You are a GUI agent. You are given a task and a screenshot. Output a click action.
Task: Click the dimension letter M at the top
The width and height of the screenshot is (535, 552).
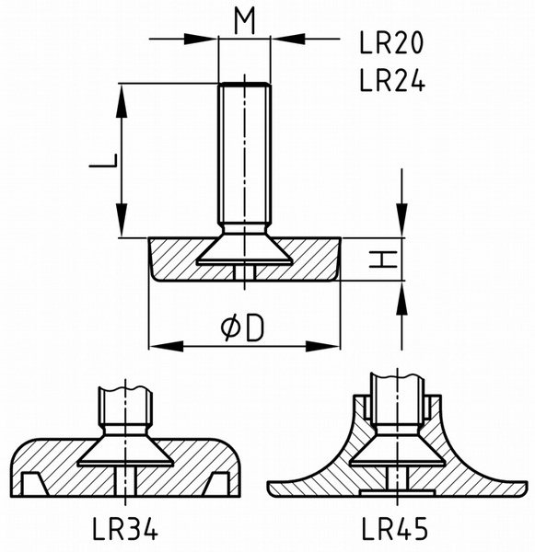[x=245, y=21]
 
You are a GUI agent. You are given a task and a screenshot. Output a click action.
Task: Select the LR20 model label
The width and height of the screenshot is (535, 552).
[x=391, y=42]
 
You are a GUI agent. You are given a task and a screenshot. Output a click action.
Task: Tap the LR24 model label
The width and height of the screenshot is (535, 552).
[x=392, y=80]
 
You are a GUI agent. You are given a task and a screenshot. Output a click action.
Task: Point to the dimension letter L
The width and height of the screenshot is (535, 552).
[x=103, y=160]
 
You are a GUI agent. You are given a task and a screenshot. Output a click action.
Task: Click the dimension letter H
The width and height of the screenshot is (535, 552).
[x=383, y=259]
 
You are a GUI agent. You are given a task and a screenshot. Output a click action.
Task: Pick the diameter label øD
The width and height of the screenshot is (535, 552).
[x=242, y=328]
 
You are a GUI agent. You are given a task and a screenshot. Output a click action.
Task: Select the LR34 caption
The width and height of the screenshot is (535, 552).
[x=124, y=528]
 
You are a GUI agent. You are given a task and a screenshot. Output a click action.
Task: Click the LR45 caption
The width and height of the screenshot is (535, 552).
[x=395, y=528]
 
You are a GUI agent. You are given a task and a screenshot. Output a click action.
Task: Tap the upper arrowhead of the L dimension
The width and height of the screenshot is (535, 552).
[x=122, y=101]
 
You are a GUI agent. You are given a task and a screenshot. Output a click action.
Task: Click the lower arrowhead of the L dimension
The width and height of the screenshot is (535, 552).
[x=122, y=220]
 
